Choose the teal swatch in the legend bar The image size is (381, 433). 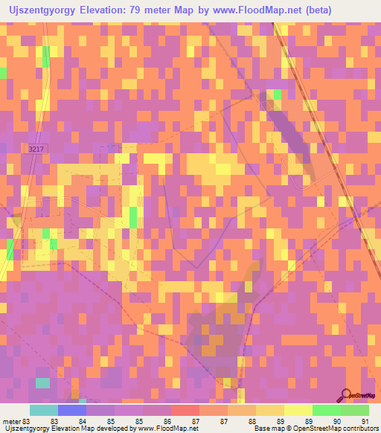click(44, 410)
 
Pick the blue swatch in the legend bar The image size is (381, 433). click(72, 410)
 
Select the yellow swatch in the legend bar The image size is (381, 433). click(269, 410)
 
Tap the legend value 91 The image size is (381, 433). click(365, 420)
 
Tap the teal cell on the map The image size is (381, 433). click(44, 382)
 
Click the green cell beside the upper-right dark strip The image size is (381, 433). click(277, 94)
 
